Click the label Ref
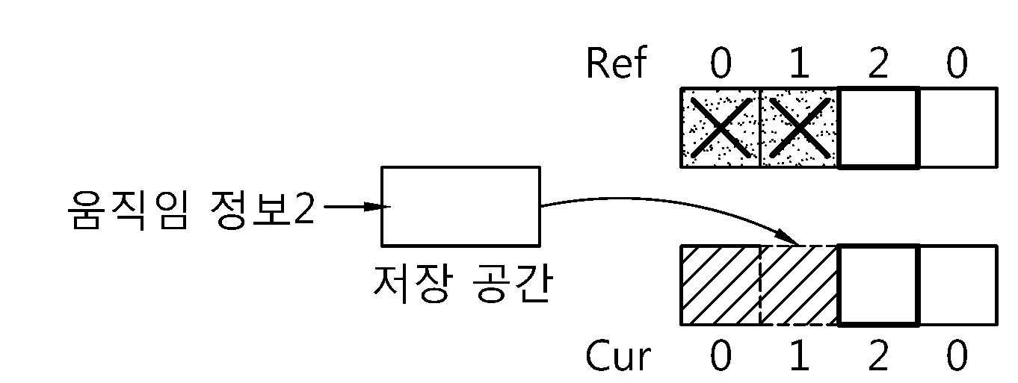(616, 63)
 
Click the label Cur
(617, 356)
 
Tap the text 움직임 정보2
(191, 209)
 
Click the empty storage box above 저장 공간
(461, 207)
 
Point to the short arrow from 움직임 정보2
(357, 207)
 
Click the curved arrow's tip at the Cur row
(798, 244)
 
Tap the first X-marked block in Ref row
(721, 128)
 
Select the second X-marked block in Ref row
(800, 128)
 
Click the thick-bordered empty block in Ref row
(878, 128)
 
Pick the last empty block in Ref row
(958, 128)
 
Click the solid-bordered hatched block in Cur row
(721, 285)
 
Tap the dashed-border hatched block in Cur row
(800, 285)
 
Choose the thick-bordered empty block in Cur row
(878, 285)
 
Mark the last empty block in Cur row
(958, 285)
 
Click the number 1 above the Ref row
(800, 63)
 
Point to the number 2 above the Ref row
(878, 63)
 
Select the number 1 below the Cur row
(800, 356)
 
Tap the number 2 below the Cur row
(878, 356)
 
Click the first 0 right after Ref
(721, 63)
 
